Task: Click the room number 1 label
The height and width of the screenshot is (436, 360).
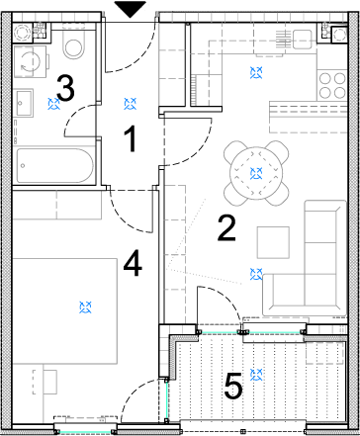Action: coord(132,139)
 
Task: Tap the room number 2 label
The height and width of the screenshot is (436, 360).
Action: coord(226,228)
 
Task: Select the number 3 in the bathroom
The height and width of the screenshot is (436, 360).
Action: coord(65,87)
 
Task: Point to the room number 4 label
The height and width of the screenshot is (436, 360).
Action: coord(133,263)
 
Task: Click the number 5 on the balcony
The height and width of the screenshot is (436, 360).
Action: coord(233,386)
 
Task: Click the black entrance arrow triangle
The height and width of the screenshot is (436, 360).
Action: coord(131,9)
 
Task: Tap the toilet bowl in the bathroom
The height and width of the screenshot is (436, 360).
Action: coord(73,45)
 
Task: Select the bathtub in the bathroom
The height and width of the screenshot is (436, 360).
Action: coord(54,166)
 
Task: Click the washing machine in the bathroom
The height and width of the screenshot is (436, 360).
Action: coord(31,61)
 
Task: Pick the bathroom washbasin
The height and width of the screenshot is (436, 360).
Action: coord(25,103)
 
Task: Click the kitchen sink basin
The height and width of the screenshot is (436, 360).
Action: coord(303,40)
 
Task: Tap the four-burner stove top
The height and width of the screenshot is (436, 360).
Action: coord(332,86)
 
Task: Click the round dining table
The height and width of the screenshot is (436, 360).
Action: coord(256,173)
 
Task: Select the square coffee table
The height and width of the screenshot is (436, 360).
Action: coord(273,242)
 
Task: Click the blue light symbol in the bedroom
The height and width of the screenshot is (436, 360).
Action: coord(86,307)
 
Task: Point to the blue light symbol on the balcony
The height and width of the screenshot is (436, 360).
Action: coord(256,375)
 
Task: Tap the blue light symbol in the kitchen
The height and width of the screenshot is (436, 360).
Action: coord(256,72)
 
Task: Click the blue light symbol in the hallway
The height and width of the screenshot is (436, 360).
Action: coord(131,104)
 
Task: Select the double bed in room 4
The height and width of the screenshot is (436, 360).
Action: coord(64,311)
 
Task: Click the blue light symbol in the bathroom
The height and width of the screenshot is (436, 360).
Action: coord(53,104)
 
